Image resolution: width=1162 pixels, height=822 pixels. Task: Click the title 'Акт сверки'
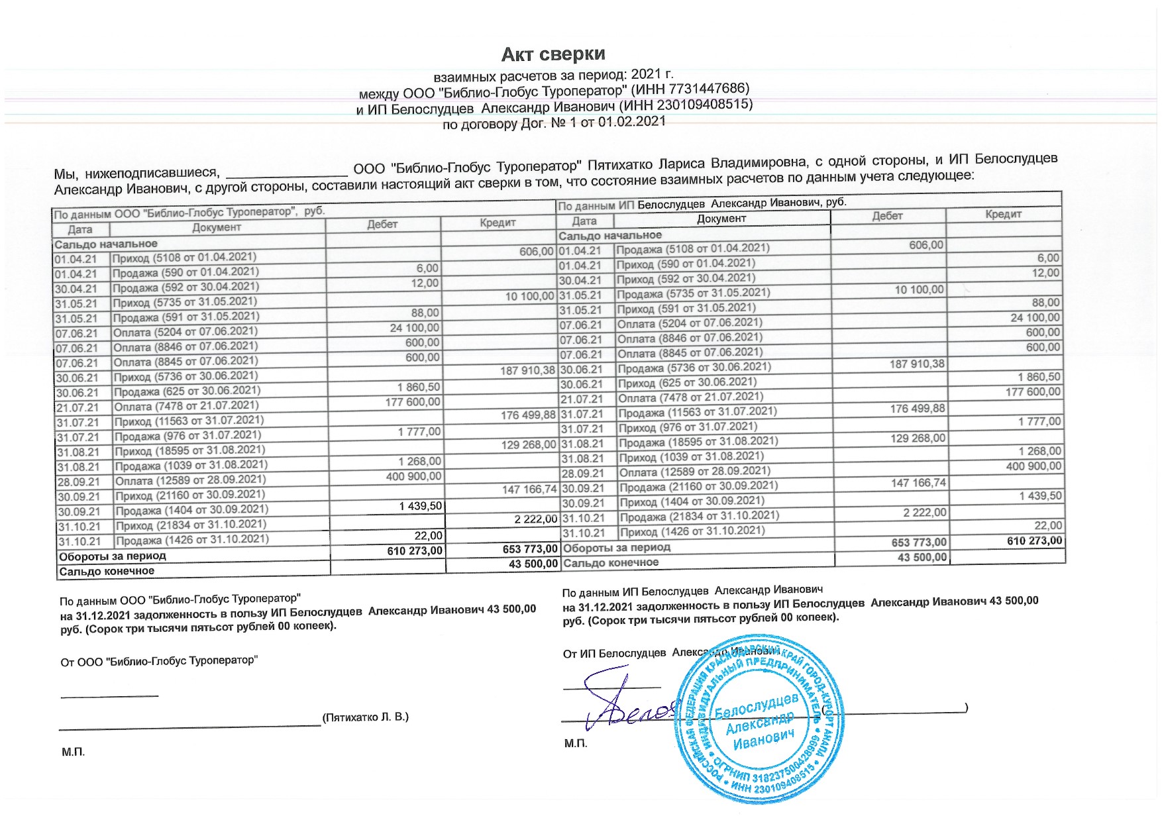coord(553,54)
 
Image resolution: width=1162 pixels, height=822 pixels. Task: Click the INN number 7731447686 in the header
coord(708,89)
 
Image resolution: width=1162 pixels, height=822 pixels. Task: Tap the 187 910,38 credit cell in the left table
coord(527,370)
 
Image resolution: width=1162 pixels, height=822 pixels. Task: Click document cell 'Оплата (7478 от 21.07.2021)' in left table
coord(186,405)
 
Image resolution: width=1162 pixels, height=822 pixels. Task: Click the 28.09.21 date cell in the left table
coord(78,482)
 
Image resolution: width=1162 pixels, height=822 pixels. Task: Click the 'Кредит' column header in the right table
coord(1003,214)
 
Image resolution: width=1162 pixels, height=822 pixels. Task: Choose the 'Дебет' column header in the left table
coord(382,224)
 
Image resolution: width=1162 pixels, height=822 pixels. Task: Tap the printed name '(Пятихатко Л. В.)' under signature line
coord(365,717)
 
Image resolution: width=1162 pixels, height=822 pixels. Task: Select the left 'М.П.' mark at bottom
coord(73,752)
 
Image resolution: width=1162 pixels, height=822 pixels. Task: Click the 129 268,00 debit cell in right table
coord(918,438)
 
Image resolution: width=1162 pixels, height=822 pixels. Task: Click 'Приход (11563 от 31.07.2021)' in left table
coord(189,421)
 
